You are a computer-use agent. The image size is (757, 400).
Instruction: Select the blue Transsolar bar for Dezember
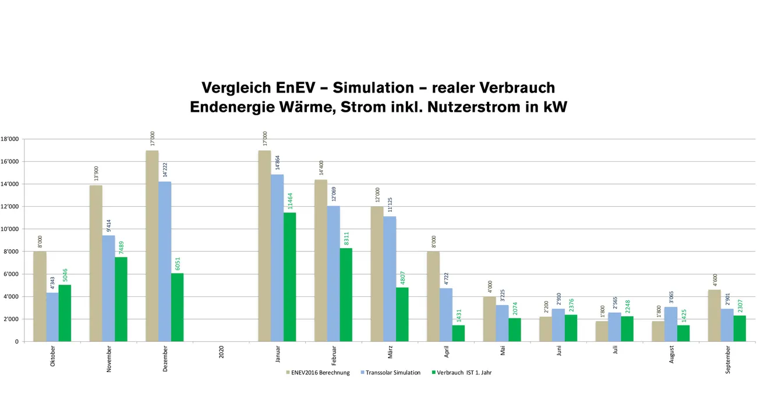[x=165, y=261]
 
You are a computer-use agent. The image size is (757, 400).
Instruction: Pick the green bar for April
[x=458, y=333]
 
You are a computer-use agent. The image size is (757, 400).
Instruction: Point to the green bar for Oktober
[x=65, y=313]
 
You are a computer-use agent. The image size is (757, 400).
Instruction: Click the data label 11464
[x=290, y=201]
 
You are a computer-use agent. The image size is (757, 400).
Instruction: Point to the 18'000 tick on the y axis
[x=12, y=139]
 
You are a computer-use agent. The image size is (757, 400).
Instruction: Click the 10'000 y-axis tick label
[x=12, y=229]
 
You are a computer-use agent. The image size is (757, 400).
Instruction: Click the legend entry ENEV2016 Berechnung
[x=321, y=373]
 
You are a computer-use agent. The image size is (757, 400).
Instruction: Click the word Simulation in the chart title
[x=364, y=88]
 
